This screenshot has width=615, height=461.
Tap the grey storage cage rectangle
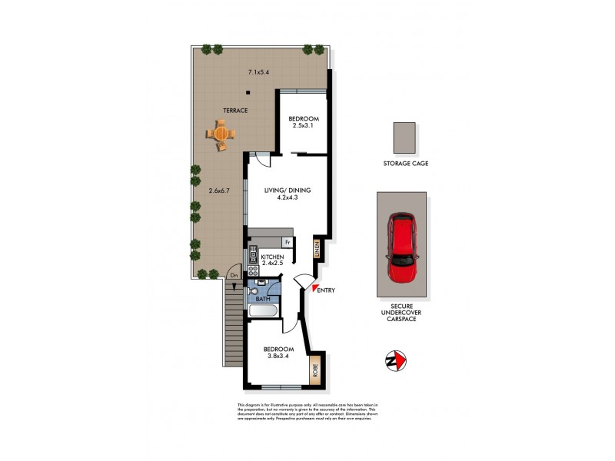pos(404,138)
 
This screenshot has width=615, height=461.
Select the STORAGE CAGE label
pos(405,164)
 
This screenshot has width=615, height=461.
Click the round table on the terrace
pos(221,134)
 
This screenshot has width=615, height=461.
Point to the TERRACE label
pos(235,111)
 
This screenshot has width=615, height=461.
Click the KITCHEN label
pos(272,257)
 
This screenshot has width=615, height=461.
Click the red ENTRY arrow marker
pos(314,288)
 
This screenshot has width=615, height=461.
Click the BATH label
pos(262,299)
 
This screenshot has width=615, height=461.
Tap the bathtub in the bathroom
pos(263,311)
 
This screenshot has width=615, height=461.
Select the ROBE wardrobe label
pos(314,371)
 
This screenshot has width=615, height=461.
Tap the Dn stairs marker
pos(234,275)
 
